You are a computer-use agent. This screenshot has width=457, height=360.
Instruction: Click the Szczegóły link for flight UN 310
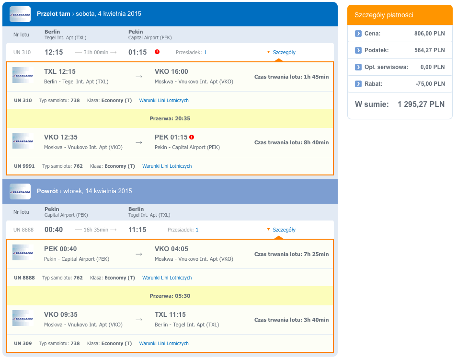tap(284, 53)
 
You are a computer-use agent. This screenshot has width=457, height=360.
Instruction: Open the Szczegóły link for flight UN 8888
tap(284, 230)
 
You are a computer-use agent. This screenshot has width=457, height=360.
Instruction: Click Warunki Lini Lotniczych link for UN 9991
tap(167, 166)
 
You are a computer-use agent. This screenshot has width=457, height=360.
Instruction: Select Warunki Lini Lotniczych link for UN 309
tap(164, 343)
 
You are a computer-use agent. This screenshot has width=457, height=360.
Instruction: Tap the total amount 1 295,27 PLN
tap(421, 104)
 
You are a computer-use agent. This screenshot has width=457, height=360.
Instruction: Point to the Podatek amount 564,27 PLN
tap(430, 50)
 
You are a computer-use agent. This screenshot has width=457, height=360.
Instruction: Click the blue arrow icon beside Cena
tap(358, 34)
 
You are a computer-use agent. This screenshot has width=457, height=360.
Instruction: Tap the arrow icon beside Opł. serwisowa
tap(358, 67)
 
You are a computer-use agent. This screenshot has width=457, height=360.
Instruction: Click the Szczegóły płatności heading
tap(384, 15)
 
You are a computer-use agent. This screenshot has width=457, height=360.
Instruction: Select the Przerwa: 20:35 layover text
tap(170, 118)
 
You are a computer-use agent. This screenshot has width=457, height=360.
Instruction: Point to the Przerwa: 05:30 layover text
tap(170, 296)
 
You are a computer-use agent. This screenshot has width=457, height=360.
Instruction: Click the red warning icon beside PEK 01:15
tap(192, 137)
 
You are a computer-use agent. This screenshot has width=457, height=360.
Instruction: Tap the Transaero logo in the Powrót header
tap(20, 191)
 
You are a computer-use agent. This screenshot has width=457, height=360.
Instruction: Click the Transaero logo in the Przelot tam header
tap(20, 14)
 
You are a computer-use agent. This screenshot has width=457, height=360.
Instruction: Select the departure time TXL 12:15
tap(60, 71)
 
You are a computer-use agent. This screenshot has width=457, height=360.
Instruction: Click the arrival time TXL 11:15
tap(170, 314)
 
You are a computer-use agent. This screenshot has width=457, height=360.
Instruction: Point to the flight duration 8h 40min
tap(316, 142)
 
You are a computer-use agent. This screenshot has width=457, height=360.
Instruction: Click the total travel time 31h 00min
tap(96, 53)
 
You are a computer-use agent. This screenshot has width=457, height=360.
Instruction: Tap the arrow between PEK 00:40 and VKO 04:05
tap(139, 254)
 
